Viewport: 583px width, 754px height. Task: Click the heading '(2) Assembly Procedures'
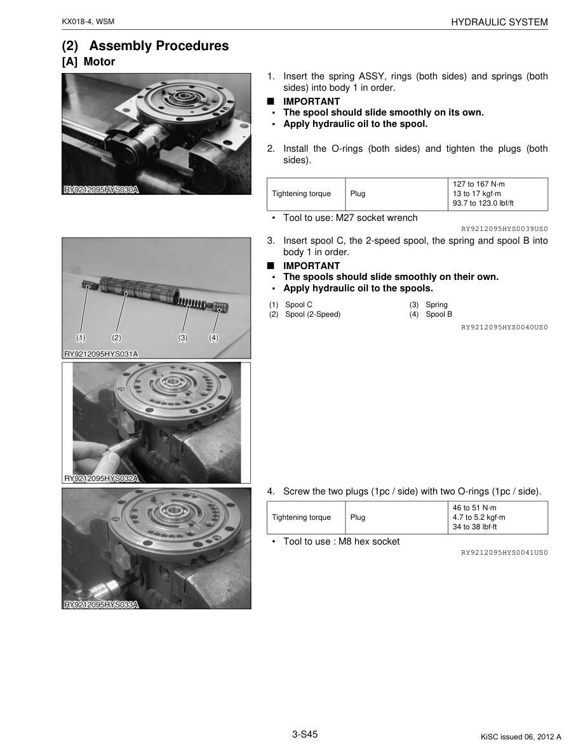(145, 46)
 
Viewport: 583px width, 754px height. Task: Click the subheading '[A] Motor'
(88, 62)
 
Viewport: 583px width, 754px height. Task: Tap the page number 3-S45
(305, 734)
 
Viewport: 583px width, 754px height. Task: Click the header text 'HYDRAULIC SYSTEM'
(499, 22)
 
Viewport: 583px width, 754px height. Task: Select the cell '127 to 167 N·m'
(478, 184)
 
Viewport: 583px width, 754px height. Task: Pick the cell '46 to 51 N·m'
(475, 508)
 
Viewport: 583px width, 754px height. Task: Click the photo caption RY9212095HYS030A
(101, 189)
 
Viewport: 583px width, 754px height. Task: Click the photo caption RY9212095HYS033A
(101, 605)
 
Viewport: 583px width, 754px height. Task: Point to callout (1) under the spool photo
(81, 338)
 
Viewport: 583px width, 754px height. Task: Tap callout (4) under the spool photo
(213, 338)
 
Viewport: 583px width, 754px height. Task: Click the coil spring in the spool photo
(189, 301)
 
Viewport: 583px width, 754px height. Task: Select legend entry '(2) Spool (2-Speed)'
(305, 314)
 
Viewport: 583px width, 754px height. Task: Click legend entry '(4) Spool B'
(431, 314)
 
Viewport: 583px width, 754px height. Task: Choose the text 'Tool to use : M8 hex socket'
(341, 541)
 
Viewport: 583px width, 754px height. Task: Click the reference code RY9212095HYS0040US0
(504, 327)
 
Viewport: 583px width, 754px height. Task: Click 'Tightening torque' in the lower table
(301, 517)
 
